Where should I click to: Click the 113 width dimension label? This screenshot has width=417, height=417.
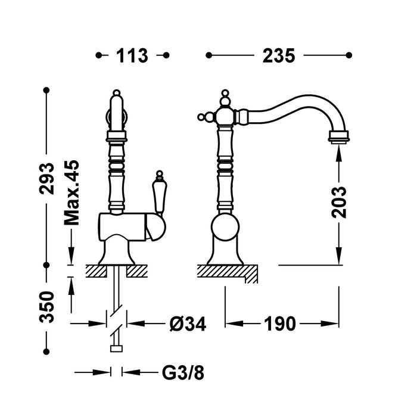[132, 55]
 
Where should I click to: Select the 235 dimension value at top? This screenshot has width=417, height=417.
[278, 55]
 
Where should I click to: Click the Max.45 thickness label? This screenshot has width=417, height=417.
[72, 192]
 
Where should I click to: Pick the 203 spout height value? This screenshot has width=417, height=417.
[339, 203]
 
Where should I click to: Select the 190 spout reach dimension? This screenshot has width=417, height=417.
[281, 323]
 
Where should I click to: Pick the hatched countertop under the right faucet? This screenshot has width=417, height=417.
[223, 270]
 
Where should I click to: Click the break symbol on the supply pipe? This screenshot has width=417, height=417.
[117, 313]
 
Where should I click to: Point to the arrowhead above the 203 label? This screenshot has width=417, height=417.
[339, 154]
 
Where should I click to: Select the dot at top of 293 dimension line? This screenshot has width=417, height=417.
[46, 90]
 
